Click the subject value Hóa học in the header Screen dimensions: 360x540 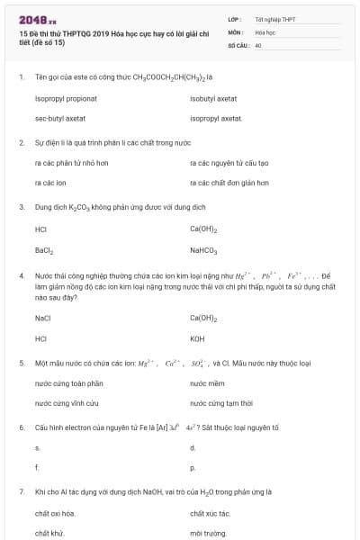click(265, 31)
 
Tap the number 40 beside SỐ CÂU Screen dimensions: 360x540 click(258, 44)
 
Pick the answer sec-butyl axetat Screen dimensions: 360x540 click(60, 118)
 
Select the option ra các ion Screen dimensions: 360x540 click(50, 183)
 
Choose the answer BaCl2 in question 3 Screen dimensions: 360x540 click(44, 249)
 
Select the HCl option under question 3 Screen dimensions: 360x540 click(40, 229)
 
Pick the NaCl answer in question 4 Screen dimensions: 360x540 click(42, 318)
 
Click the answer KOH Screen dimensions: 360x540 click(197, 338)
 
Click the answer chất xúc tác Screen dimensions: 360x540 click(210, 513)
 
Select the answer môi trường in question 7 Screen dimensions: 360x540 click(205, 533)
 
